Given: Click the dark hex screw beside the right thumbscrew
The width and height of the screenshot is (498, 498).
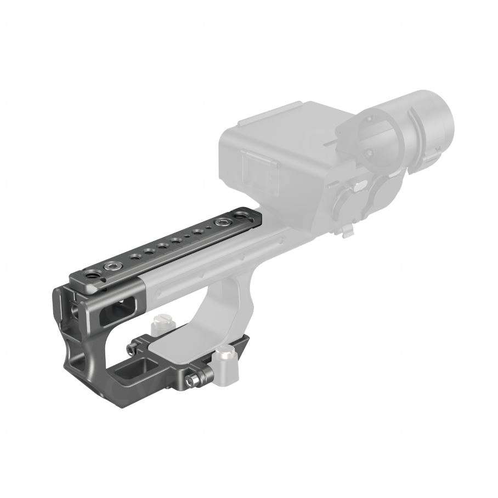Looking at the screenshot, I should [x=191, y=380].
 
